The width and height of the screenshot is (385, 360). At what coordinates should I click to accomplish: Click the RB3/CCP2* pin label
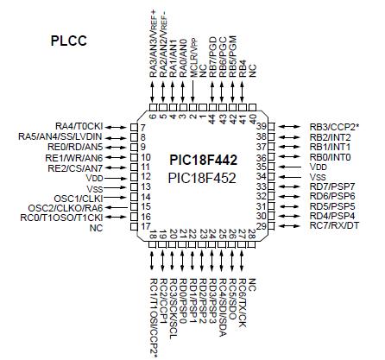click(x=336, y=127)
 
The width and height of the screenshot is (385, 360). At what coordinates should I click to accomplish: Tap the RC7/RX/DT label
click(x=334, y=227)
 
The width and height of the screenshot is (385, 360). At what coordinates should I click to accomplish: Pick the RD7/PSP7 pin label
click(x=331, y=187)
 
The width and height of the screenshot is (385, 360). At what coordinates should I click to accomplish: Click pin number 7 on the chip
click(x=132, y=128)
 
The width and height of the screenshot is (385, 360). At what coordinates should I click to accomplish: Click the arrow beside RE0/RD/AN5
click(x=116, y=147)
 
